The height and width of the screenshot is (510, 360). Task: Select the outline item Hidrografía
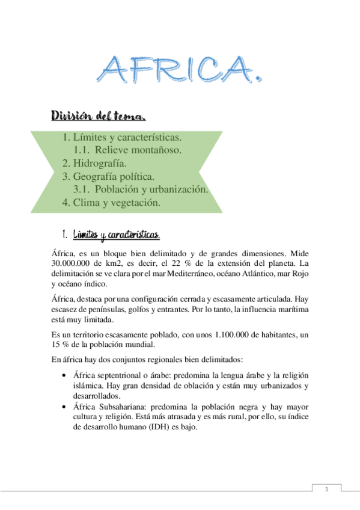pos(100,163)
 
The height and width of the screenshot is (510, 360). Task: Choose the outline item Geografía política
pos(114,176)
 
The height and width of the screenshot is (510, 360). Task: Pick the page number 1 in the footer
pos(326,490)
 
